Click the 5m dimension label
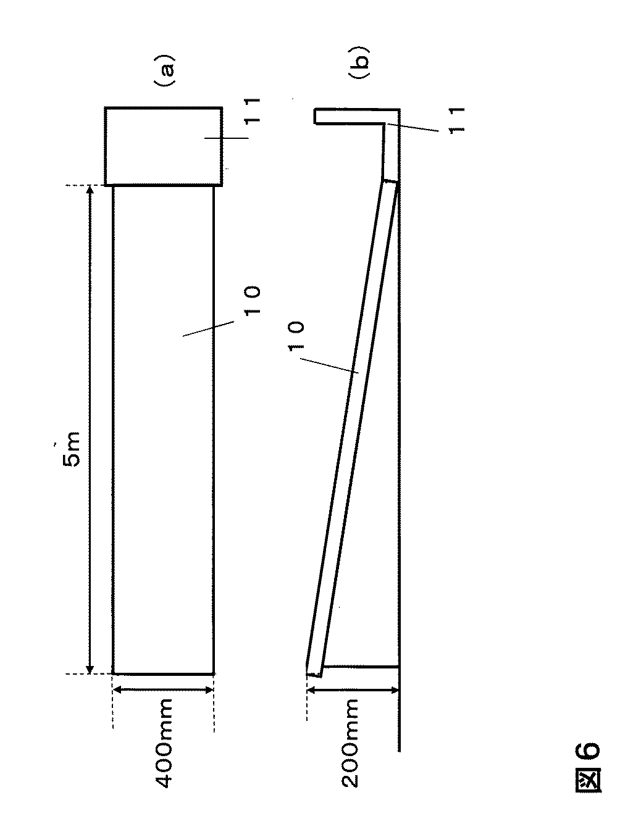[72, 449]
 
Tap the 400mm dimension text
[164, 743]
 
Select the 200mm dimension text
[350, 743]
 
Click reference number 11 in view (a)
[251, 110]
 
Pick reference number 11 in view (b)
[456, 120]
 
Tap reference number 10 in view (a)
[252, 301]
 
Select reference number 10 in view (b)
[296, 337]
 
